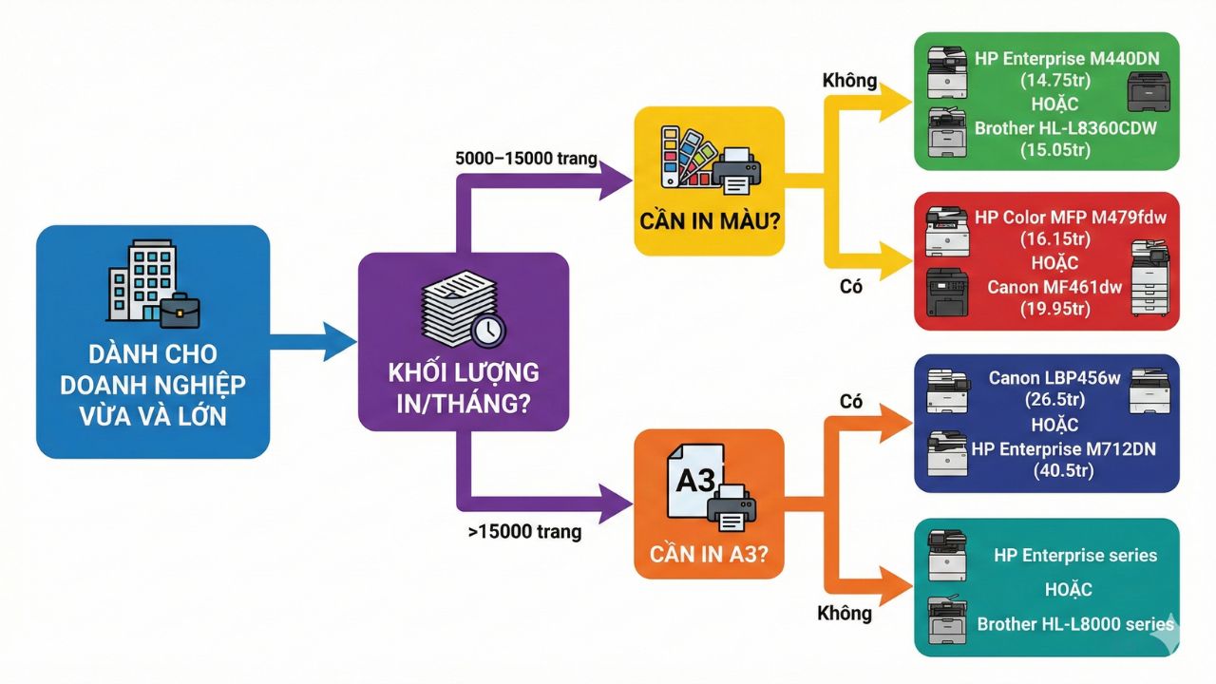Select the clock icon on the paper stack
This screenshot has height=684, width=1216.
coord(488,330)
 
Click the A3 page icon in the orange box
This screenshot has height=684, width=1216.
coord(694,481)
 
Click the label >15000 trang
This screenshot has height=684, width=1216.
coord(524,532)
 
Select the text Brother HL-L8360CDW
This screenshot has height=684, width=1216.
coord(1065,127)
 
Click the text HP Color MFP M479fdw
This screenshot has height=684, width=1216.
coord(1070,218)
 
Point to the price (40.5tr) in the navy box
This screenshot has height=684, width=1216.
coord(1063,470)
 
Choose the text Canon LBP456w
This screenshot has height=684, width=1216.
coord(1054,378)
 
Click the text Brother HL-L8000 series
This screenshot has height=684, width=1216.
coord(1075,624)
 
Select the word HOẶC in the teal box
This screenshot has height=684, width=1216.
coord(1068,590)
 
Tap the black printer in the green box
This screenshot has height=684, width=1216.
coord(1148,93)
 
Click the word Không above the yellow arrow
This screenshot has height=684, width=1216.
coord(849,81)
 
